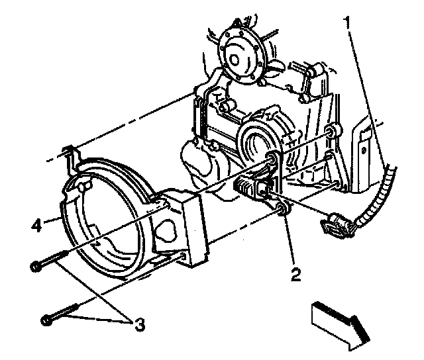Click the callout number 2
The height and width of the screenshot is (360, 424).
click(296, 272)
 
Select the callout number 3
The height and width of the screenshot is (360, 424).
click(139, 324)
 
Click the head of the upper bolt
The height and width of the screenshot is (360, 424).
click(35, 267)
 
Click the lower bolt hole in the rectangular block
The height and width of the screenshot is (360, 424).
click(182, 255)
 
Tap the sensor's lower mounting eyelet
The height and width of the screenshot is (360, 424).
click(281, 211)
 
